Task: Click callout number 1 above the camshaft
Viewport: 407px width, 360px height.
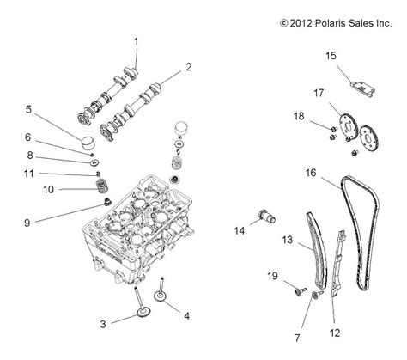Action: [x=135, y=41]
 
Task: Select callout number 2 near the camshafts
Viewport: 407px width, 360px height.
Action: [x=189, y=66]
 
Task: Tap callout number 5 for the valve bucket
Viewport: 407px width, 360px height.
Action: [x=28, y=109]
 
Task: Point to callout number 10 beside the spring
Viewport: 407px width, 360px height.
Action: [x=48, y=189]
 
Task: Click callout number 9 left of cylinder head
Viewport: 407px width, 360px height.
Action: [x=27, y=223]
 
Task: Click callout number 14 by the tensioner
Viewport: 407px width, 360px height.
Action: [x=240, y=231]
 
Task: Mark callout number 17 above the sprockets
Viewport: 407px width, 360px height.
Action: [x=318, y=92]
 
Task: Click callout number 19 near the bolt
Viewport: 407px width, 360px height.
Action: [x=273, y=277]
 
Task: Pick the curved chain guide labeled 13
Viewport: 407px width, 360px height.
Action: [x=318, y=258]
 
